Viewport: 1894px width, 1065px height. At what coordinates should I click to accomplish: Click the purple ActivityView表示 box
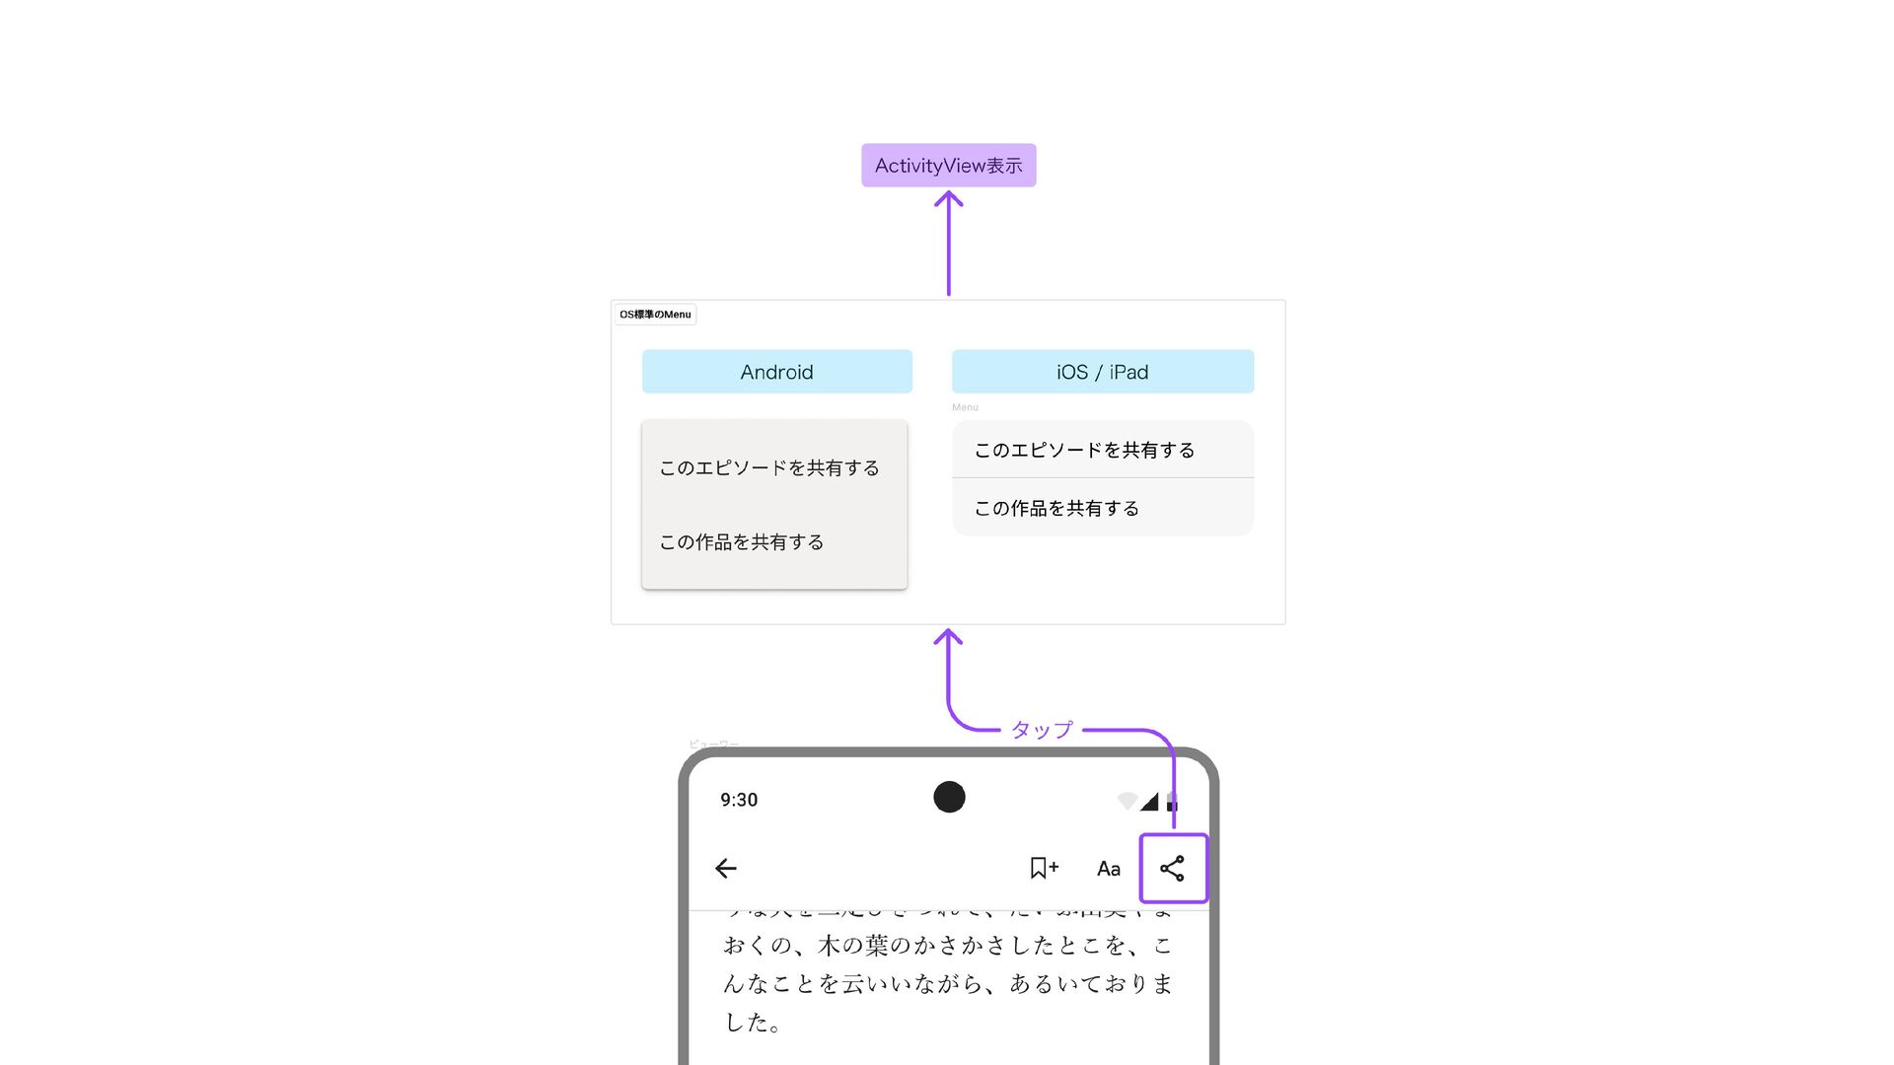948,166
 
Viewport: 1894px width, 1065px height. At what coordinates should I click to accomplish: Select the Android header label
776,372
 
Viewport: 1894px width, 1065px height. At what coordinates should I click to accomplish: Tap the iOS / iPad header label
1102,372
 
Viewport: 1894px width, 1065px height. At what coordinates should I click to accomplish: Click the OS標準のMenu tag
655,315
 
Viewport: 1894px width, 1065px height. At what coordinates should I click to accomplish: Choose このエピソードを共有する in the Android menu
769,468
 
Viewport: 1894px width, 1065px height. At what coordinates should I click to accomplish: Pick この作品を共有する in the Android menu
742,542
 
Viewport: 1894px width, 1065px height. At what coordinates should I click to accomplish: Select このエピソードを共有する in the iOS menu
1084,451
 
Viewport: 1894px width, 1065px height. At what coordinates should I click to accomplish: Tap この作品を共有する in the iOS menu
1056,509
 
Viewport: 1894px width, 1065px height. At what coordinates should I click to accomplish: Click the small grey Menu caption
965,407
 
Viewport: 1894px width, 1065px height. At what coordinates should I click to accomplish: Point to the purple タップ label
1042,731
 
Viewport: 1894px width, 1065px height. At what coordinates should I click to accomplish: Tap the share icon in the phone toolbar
1172,869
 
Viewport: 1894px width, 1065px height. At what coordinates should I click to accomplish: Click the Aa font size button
1108,869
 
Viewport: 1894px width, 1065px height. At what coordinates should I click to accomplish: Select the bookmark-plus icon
1043,868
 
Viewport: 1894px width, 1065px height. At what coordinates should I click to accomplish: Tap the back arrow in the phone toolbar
726,869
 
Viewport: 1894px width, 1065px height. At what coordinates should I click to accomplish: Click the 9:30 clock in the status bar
739,800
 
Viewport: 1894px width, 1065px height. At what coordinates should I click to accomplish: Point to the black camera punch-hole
949,797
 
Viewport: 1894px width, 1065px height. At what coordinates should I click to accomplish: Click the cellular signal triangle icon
1149,802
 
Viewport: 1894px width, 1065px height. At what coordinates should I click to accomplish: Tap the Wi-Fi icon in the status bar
1127,801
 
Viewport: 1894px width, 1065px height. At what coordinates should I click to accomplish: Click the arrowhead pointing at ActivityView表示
948,198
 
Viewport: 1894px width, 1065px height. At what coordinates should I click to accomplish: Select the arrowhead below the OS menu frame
948,637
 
